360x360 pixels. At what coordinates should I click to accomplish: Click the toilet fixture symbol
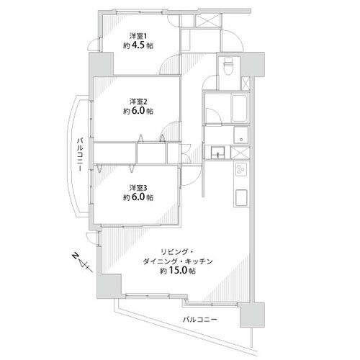point(228,66)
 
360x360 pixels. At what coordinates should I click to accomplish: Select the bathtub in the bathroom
point(239,108)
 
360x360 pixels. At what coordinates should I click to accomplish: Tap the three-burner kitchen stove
point(240,169)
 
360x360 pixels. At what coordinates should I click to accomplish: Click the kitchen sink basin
point(241,198)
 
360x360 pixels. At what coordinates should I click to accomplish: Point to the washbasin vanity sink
point(218,153)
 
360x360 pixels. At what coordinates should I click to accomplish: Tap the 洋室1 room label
point(138,36)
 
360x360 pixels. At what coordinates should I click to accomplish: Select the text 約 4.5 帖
point(138,45)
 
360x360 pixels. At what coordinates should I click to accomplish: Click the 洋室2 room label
point(138,102)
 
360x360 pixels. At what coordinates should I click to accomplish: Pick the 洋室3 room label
point(138,187)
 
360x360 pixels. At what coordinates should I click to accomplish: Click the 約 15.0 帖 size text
point(178,271)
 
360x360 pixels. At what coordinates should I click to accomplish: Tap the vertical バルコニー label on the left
point(80,155)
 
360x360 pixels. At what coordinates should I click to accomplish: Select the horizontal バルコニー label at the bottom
point(200,320)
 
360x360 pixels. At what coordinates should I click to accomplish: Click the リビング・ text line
point(177,252)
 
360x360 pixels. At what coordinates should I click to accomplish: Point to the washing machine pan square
point(241,135)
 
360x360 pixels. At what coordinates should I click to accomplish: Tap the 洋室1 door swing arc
point(170,64)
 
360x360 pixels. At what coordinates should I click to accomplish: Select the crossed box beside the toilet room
point(246,84)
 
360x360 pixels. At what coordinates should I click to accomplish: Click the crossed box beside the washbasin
point(240,153)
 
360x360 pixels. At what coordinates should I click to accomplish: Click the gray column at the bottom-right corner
point(252,315)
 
